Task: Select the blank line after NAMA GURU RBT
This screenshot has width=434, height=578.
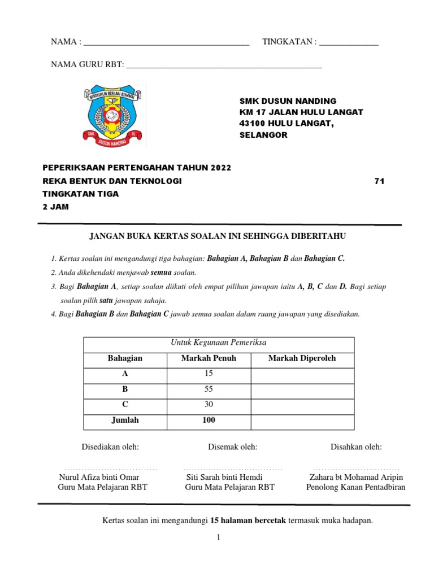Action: coord(224,66)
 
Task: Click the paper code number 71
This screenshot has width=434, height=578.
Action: coord(379,181)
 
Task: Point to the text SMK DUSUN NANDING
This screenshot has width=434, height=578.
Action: coord(288,100)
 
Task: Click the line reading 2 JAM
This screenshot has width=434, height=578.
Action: coord(55,207)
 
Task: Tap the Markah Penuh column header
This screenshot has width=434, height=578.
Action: coord(209,358)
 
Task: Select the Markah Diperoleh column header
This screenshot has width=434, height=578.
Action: coord(302,358)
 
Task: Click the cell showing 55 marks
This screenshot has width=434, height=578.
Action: coord(209,389)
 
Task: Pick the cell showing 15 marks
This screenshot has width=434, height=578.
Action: coord(209,374)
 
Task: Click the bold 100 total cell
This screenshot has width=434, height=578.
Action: coord(209,421)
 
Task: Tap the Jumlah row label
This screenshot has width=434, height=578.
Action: coord(125,421)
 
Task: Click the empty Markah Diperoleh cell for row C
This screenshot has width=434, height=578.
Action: coord(302,405)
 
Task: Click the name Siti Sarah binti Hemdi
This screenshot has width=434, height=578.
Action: coord(224,477)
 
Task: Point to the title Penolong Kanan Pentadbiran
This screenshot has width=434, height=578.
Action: coord(355,487)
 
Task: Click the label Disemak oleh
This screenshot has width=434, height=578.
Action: coord(232,447)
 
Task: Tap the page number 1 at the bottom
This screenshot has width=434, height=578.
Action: coord(218,538)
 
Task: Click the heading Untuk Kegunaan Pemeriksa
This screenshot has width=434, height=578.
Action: coord(218,343)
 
